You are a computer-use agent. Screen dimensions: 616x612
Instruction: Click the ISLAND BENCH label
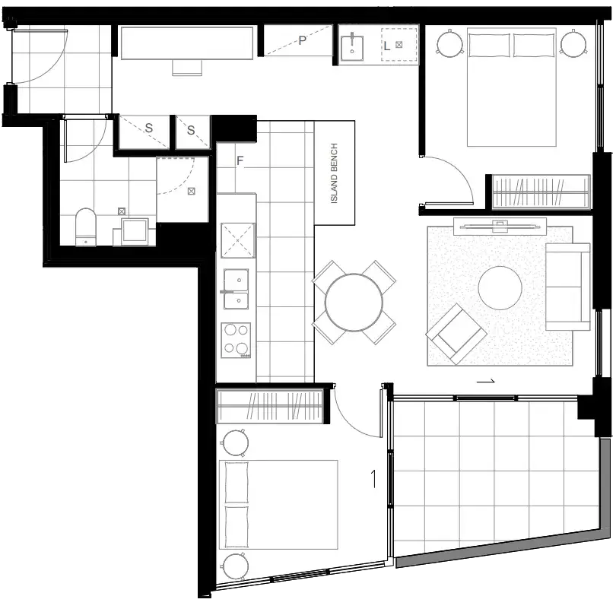point(334,173)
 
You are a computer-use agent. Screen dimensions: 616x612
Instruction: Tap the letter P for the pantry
point(302,40)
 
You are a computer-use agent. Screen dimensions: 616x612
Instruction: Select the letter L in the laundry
point(387,46)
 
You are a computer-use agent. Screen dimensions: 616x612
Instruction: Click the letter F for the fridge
point(240,160)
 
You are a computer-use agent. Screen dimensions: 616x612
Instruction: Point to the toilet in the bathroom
point(86,227)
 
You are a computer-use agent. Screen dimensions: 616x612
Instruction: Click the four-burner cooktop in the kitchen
point(236,340)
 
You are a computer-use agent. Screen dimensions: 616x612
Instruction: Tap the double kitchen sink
point(236,289)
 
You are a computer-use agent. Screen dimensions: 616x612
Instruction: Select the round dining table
point(354,303)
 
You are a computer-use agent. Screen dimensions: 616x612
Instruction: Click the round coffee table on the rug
point(500,287)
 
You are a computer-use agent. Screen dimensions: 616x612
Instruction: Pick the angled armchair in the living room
point(456,334)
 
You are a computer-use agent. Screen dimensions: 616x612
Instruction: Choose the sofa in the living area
point(567,287)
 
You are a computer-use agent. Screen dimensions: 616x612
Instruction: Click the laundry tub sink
point(351,48)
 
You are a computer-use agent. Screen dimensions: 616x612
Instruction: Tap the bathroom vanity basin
point(135,231)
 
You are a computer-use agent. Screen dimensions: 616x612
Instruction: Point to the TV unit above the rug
point(500,227)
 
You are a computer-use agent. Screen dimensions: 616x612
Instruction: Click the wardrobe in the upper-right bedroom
point(541,192)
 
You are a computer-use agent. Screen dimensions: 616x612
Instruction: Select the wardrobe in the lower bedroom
point(270,406)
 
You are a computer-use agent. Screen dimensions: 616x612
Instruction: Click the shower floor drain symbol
point(192,192)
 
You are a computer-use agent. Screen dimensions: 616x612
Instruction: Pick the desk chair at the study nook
point(187,67)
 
